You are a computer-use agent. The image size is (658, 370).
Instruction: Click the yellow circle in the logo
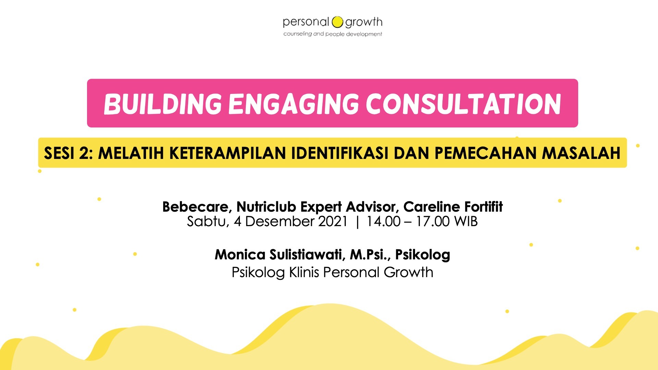point(337,22)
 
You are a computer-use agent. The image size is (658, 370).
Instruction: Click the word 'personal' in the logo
point(306,23)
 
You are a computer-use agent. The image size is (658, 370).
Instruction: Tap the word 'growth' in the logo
point(364,23)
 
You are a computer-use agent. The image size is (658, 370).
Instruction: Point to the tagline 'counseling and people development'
point(333,34)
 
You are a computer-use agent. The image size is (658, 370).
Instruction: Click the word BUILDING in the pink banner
point(163,104)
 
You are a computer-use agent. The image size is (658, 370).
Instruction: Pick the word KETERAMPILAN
point(228,153)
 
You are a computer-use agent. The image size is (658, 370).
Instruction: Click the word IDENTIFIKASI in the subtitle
point(340,153)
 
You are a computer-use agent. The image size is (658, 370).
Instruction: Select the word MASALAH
point(581,153)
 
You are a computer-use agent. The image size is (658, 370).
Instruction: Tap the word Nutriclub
point(266,207)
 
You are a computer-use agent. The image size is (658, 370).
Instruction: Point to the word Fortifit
point(484,207)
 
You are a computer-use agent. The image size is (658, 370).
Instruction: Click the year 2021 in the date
point(333,222)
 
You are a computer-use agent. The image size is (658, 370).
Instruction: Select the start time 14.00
point(383,222)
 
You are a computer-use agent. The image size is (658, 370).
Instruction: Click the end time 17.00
point(432,222)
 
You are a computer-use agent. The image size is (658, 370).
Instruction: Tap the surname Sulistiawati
point(307,255)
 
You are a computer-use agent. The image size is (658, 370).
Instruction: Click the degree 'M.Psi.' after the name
point(370,255)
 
